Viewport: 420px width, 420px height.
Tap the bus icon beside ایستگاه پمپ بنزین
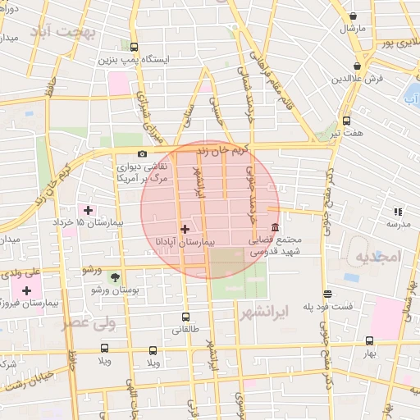coord(135,48)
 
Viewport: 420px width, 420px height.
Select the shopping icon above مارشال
coord(353,16)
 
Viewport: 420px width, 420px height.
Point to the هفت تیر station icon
coord(346,120)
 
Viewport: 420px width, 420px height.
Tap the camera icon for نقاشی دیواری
coord(142,153)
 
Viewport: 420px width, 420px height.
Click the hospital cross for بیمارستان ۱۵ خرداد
coord(88,210)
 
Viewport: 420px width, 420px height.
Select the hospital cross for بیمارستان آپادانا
coord(184,229)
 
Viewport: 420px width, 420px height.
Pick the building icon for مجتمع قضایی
coord(274,226)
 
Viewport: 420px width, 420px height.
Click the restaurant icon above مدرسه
coord(399,211)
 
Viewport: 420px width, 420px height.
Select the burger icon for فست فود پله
coord(327,294)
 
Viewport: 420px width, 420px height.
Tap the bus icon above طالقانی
coord(185,317)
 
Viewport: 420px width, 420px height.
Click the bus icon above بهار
coord(370,341)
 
